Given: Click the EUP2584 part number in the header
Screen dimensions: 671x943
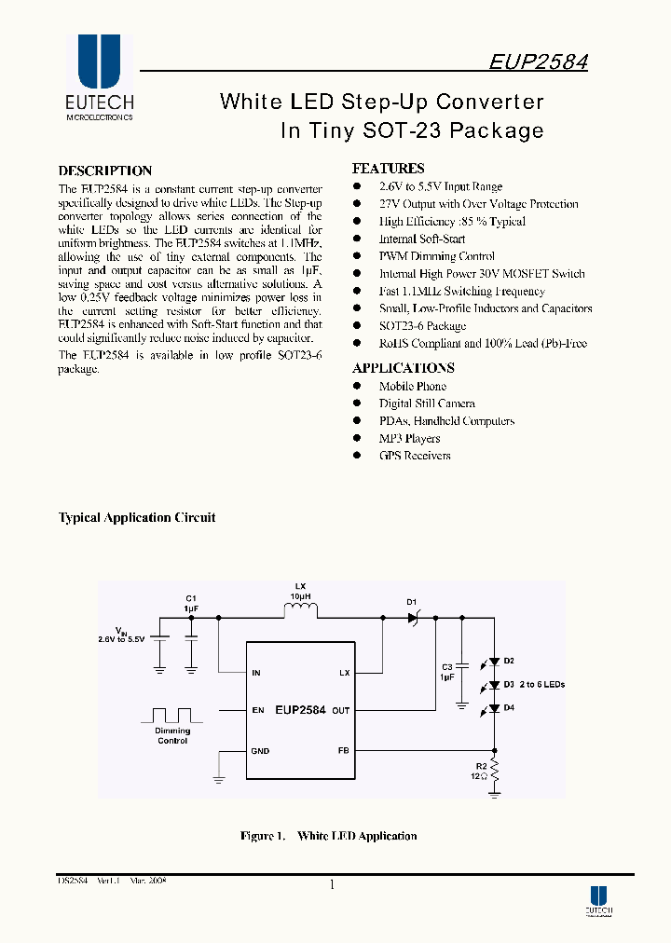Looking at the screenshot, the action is click(x=538, y=61).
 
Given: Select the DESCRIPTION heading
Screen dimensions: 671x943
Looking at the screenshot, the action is click(x=104, y=171).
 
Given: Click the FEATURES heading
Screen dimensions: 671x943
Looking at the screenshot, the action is click(x=388, y=169).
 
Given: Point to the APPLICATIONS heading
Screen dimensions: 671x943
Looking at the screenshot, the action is click(x=403, y=368).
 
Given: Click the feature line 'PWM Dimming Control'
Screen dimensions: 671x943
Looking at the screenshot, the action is click(x=436, y=256).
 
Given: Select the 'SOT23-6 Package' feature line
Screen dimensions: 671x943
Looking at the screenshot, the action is click(x=421, y=326).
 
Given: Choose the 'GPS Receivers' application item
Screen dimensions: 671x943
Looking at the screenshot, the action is click(x=414, y=456).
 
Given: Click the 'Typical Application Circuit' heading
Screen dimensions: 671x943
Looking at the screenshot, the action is click(x=137, y=518).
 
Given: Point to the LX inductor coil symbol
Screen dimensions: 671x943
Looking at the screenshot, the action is click(x=301, y=611).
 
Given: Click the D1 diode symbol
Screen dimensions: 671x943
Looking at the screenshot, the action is click(x=415, y=616).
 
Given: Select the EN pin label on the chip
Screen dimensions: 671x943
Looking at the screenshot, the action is click(x=258, y=710).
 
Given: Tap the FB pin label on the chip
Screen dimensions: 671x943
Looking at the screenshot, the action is click(x=343, y=750).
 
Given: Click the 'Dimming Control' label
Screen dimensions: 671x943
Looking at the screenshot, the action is click(x=172, y=736).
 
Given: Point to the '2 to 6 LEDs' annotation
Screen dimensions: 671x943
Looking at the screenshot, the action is click(x=542, y=685).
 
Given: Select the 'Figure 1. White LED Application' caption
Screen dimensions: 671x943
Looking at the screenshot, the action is click(x=328, y=836).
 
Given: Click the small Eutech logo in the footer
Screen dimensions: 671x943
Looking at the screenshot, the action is click(x=598, y=899).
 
